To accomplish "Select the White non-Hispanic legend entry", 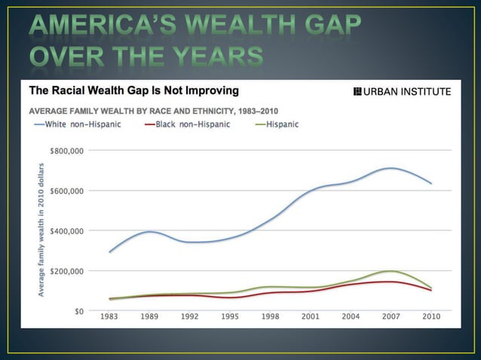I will [78, 124].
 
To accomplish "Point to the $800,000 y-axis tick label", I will [66, 151].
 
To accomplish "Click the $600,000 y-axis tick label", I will [66, 191].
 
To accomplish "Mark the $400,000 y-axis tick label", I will [66, 230].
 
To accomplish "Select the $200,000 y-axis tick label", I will [66, 270].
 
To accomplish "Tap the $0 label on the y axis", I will [78, 310].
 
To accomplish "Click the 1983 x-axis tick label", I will [110, 317].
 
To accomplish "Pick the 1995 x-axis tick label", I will [230, 317].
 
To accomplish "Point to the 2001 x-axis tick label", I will [310, 317].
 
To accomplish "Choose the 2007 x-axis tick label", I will [390, 317].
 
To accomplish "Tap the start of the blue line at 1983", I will [110, 252].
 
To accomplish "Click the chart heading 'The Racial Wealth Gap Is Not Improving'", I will [133, 91].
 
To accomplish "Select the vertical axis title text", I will [37, 229].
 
